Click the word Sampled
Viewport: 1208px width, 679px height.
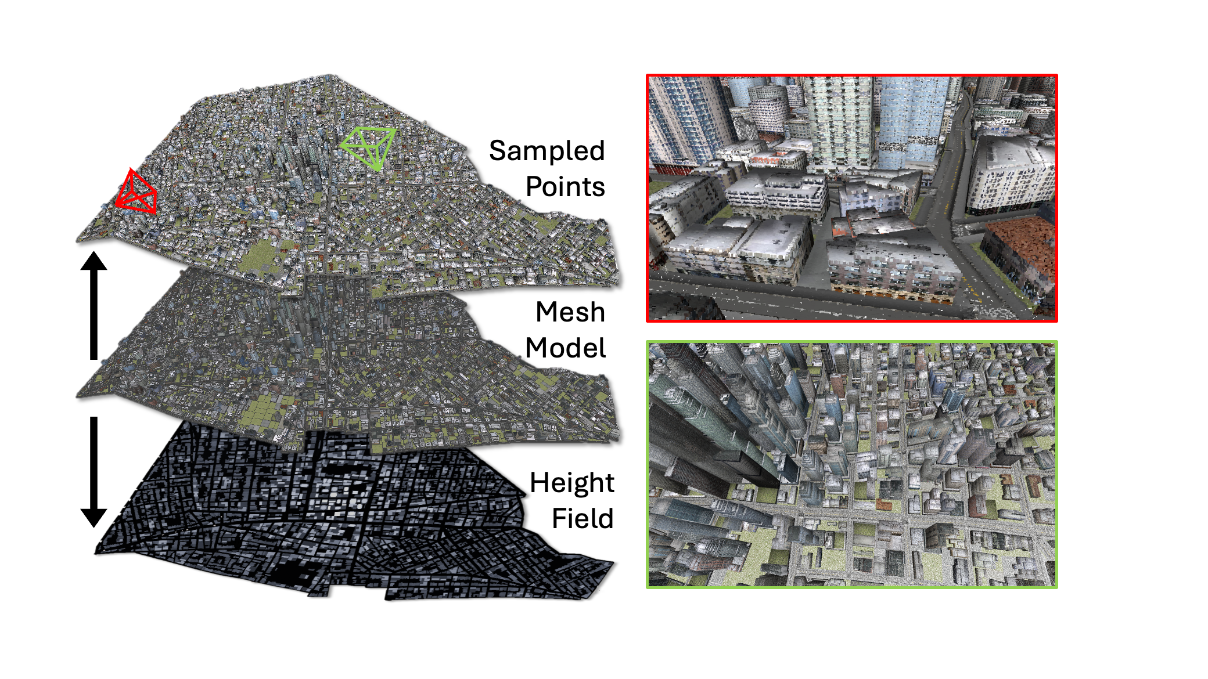[x=547, y=151]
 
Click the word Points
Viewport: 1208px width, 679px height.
[x=565, y=187]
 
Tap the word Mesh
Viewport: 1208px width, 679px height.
[x=570, y=312]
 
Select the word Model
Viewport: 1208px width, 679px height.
[x=566, y=348]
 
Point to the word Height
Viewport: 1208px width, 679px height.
[x=572, y=483]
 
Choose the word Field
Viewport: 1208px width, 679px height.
[x=583, y=518]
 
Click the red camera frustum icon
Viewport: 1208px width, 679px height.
[x=136, y=193]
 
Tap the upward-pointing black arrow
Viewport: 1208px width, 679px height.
[x=94, y=305]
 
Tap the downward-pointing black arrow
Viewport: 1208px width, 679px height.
[x=94, y=471]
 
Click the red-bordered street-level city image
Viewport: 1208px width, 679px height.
[x=852, y=198]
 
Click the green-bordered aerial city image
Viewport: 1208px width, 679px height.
[x=852, y=464]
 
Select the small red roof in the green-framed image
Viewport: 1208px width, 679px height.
[x=883, y=505]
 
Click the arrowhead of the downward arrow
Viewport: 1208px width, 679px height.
[x=94, y=518]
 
